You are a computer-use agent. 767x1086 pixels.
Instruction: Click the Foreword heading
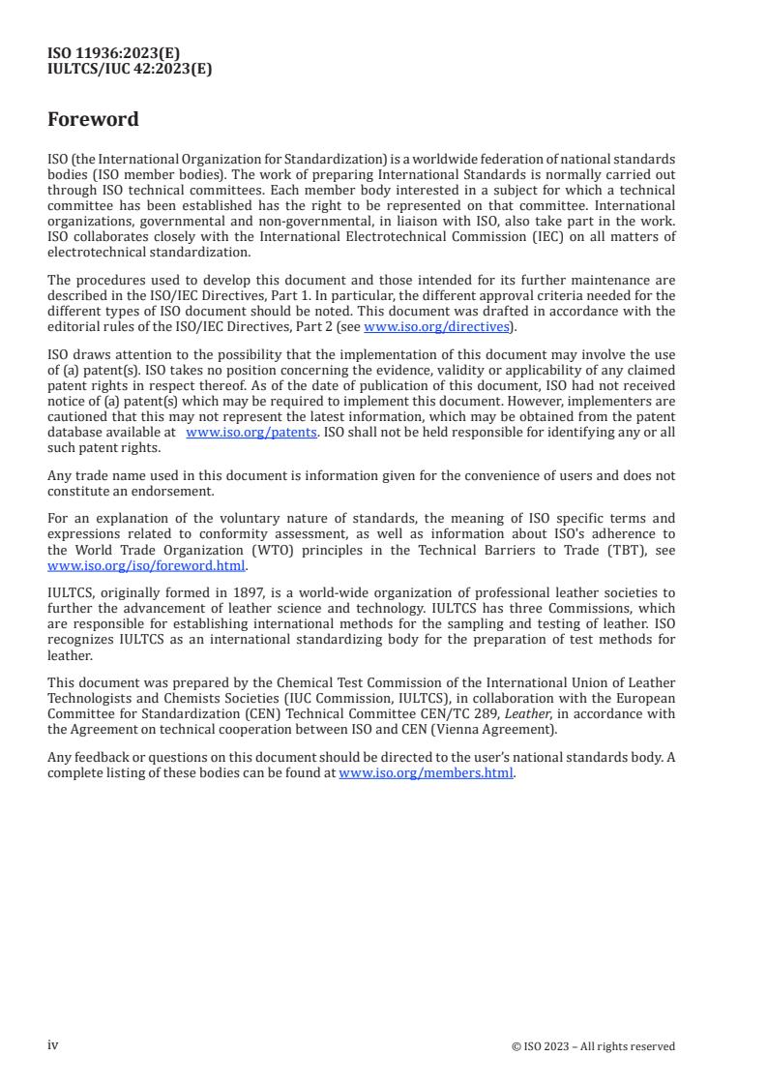point(93,120)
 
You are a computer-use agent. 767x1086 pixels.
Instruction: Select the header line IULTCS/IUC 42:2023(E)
point(130,69)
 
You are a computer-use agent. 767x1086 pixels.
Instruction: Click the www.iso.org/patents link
point(251,433)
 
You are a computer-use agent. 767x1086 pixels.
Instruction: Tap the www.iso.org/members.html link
point(426,773)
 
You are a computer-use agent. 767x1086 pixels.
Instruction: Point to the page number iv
point(53,1045)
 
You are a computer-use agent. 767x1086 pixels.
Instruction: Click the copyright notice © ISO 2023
point(593,1046)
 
